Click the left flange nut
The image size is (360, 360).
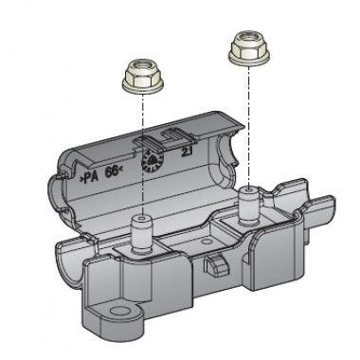coord(143,78)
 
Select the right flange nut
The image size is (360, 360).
coord(249,48)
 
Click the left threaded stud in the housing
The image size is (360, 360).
coord(142,235)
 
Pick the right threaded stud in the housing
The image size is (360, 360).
coord(249,206)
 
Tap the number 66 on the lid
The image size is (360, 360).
coord(114,171)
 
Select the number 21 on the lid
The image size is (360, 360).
coord(188,153)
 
